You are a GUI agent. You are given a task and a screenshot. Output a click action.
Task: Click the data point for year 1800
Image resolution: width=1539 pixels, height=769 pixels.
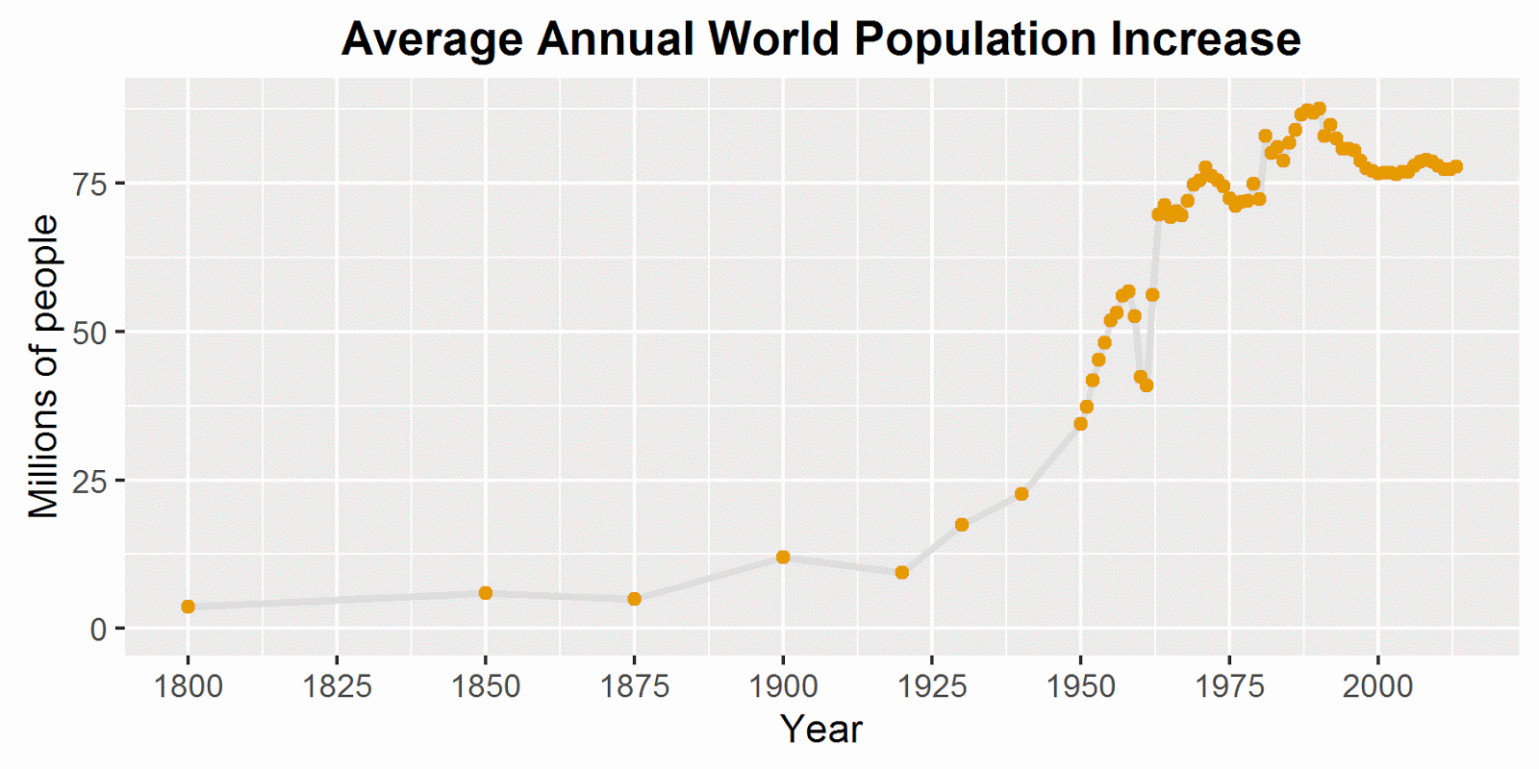(188, 607)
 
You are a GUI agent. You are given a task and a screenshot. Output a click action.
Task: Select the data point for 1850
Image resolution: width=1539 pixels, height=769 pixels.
(486, 593)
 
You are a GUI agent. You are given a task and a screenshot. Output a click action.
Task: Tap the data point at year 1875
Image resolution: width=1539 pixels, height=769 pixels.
(634, 599)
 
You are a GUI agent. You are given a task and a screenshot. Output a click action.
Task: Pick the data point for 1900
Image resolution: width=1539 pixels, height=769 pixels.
(783, 557)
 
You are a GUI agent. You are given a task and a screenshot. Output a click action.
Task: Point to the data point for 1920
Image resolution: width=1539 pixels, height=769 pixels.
(902, 572)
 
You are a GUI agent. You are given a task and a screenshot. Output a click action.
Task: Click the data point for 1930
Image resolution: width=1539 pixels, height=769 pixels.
(962, 525)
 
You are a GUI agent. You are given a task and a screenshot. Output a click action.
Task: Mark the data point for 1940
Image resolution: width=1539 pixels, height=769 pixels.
(1022, 494)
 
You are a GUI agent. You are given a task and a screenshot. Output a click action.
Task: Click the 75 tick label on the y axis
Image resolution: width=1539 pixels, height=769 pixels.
(90, 184)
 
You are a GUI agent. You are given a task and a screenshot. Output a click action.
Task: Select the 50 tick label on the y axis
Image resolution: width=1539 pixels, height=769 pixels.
(90, 333)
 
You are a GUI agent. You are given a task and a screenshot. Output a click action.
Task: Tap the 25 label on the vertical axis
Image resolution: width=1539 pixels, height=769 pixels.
(90, 481)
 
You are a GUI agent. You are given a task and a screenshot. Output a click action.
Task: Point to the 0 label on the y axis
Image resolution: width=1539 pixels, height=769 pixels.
(98, 630)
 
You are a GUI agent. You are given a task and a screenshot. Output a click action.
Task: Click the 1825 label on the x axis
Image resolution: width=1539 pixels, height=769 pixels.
(337, 686)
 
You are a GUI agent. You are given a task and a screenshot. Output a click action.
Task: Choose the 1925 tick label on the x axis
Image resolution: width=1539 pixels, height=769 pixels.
(931, 686)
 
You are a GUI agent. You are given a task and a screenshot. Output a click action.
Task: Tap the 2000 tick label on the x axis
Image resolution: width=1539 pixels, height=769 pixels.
(1377, 686)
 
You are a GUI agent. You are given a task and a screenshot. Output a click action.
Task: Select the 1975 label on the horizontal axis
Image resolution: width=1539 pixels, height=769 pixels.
(1228, 686)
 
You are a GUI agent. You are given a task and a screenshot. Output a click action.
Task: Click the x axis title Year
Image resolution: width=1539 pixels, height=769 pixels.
(820, 730)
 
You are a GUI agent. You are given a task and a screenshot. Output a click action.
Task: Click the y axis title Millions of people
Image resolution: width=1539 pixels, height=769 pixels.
(43, 366)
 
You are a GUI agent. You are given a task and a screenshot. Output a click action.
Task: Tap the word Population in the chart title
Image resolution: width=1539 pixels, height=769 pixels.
(973, 40)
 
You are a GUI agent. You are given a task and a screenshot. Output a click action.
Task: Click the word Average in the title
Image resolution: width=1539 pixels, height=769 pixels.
(433, 40)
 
